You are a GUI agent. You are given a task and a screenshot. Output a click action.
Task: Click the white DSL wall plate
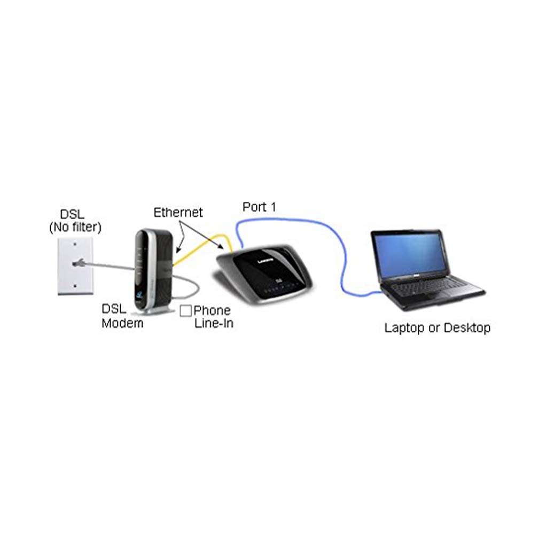click(x=75, y=266)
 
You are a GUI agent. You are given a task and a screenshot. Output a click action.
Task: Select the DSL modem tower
click(x=153, y=271)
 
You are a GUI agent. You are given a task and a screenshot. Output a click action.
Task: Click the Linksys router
click(x=264, y=275)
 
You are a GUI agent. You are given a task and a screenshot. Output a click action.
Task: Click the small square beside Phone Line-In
click(x=185, y=310)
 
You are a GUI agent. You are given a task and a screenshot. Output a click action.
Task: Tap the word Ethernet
click(x=178, y=213)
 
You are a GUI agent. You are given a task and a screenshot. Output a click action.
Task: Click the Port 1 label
click(x=259, y=207)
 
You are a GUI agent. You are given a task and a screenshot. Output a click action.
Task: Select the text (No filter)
click(x=75, y=228)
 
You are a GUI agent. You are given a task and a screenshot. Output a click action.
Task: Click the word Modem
click(x=122, y=323)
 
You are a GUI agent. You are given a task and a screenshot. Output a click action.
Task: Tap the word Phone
click(x=212, y=310)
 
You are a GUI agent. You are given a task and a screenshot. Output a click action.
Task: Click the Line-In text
click(x=214, y=323)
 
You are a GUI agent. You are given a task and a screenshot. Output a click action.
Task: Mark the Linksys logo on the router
click(x=265, y=261)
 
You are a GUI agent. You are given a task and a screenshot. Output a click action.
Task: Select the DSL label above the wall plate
click(x=72, y=214)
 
